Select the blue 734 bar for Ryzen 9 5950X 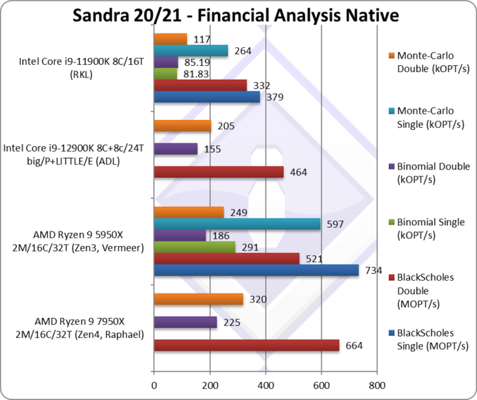tap(256, 270)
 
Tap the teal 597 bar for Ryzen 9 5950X tap(237, 224)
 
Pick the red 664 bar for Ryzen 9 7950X tap(246, 345)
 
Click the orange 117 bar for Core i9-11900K tap(170, 39)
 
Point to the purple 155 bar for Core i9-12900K tap(175, 149)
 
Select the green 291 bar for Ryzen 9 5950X tap(194, 247)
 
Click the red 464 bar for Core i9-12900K tap(218, 172)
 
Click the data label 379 tap(274, 97)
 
